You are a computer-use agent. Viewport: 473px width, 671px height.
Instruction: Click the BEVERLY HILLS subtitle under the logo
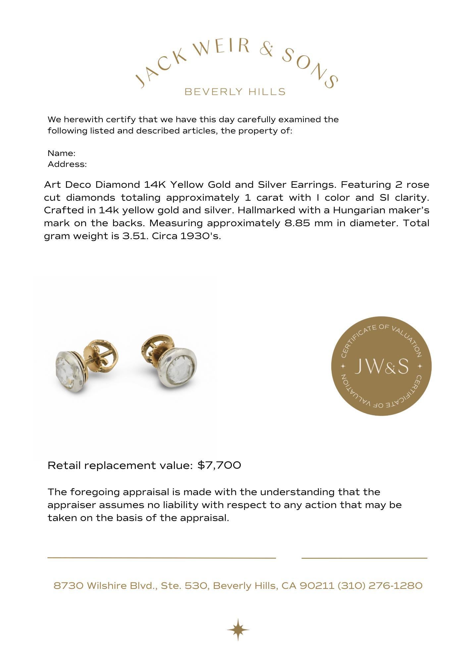pyautogui.click(x=235, y=92)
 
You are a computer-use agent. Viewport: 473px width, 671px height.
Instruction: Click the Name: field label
pyautogui.click(x=62, y=153)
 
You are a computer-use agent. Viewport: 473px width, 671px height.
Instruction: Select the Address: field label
pyautogui.click(x=67, y=164)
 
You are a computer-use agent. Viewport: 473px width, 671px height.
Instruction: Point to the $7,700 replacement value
pyautogui.click(x=219, y=465)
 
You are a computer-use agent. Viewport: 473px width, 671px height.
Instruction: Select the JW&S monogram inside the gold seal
pyautogui.click(x=381, y=366)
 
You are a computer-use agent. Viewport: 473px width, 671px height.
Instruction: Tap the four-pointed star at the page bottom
pyautogui.click(x=238, y=629)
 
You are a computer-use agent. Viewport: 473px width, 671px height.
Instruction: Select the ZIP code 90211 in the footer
pyautogui.click(x=317, y=586)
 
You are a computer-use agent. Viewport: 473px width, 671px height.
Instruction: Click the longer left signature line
pyautogui.click(x=162, y=558)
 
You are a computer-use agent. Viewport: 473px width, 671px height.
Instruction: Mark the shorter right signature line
pyautogui.click(x=364, y=558)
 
